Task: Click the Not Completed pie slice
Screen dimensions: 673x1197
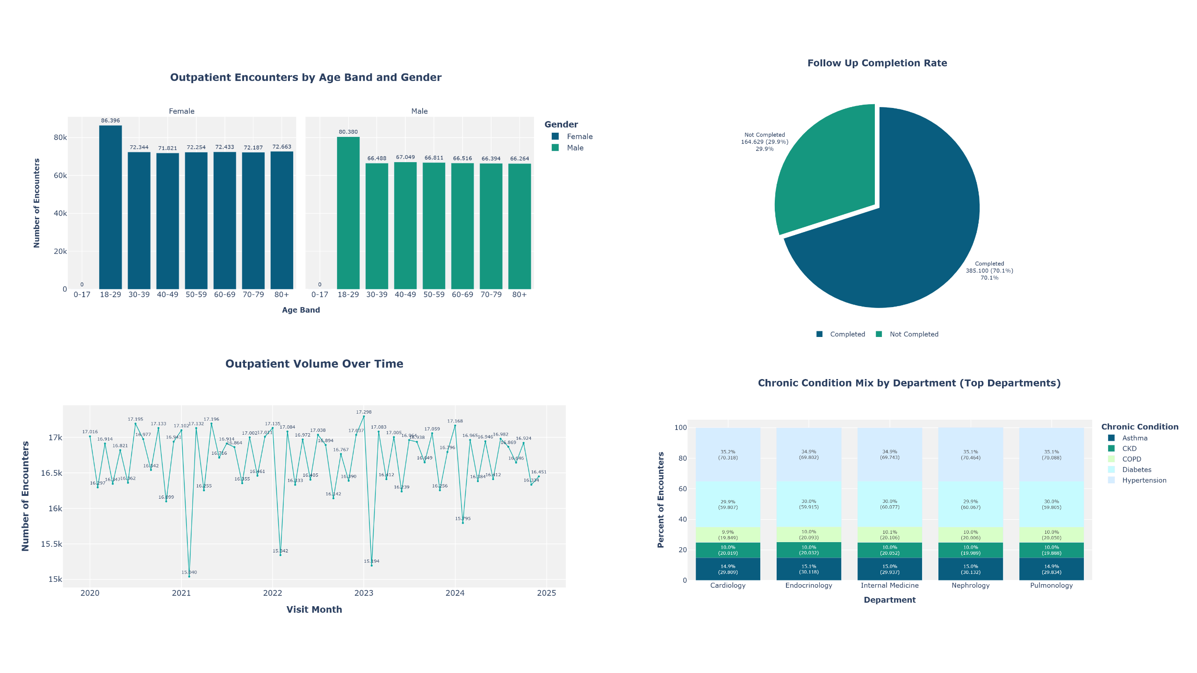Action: (823, 173)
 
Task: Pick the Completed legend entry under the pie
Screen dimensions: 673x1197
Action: (842, 334)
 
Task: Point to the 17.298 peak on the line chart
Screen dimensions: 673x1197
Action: (364, 416)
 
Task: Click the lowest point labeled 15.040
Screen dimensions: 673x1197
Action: (189, 576)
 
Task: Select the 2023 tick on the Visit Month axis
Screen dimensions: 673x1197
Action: (364, 593)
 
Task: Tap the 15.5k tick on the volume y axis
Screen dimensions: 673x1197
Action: (51, 544)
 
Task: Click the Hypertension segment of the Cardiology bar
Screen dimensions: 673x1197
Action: (728, 454)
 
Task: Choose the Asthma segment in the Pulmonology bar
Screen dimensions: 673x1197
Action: (1051, 569)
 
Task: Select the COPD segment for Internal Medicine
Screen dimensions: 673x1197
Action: (889, 535)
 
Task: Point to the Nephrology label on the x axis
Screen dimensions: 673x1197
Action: (970, 585)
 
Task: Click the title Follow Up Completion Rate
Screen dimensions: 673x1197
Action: (877, 63)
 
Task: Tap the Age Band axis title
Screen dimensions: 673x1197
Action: (301, 310)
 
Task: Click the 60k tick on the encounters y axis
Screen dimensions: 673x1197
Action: (60, 175)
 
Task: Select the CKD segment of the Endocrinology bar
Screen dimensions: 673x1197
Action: (808, 550)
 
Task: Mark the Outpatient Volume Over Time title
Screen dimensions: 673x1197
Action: (314, 364)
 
